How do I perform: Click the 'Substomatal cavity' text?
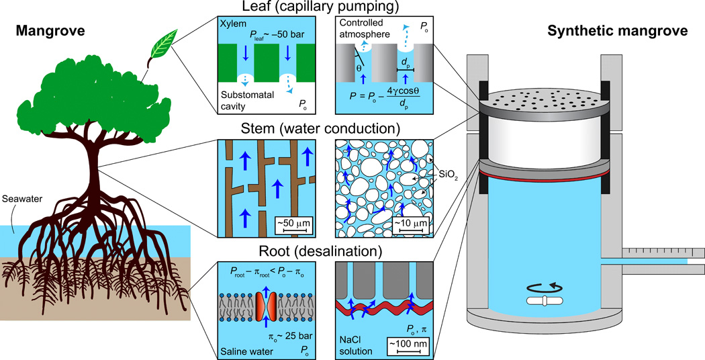coord(244,100)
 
